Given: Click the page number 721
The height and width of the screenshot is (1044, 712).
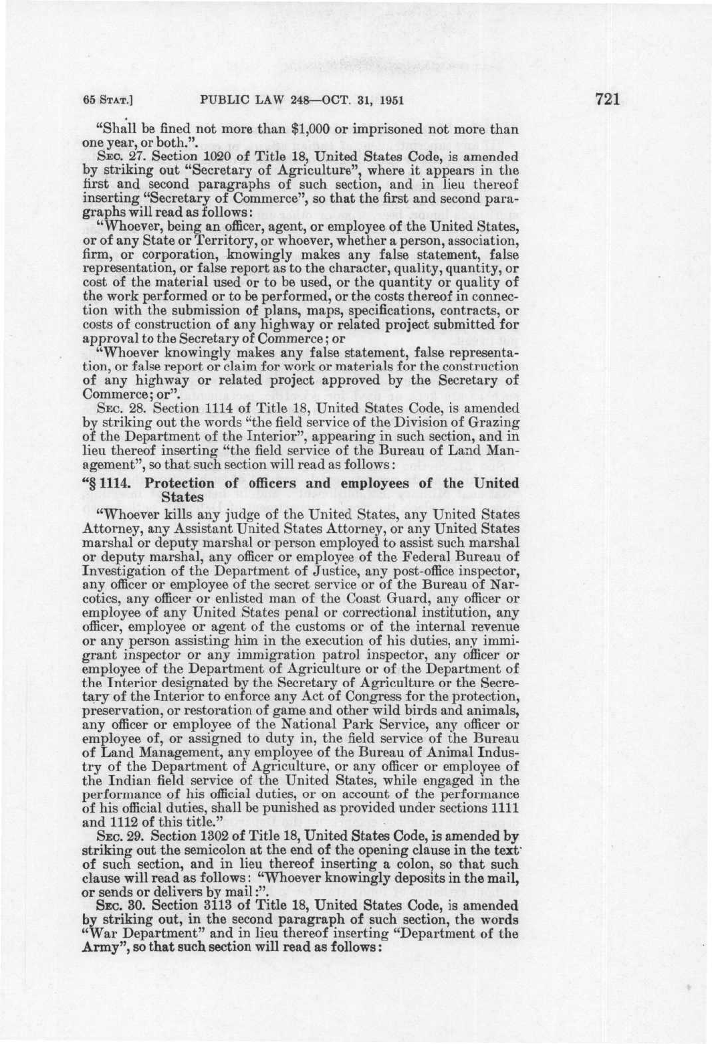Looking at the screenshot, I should tap(609, 100).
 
